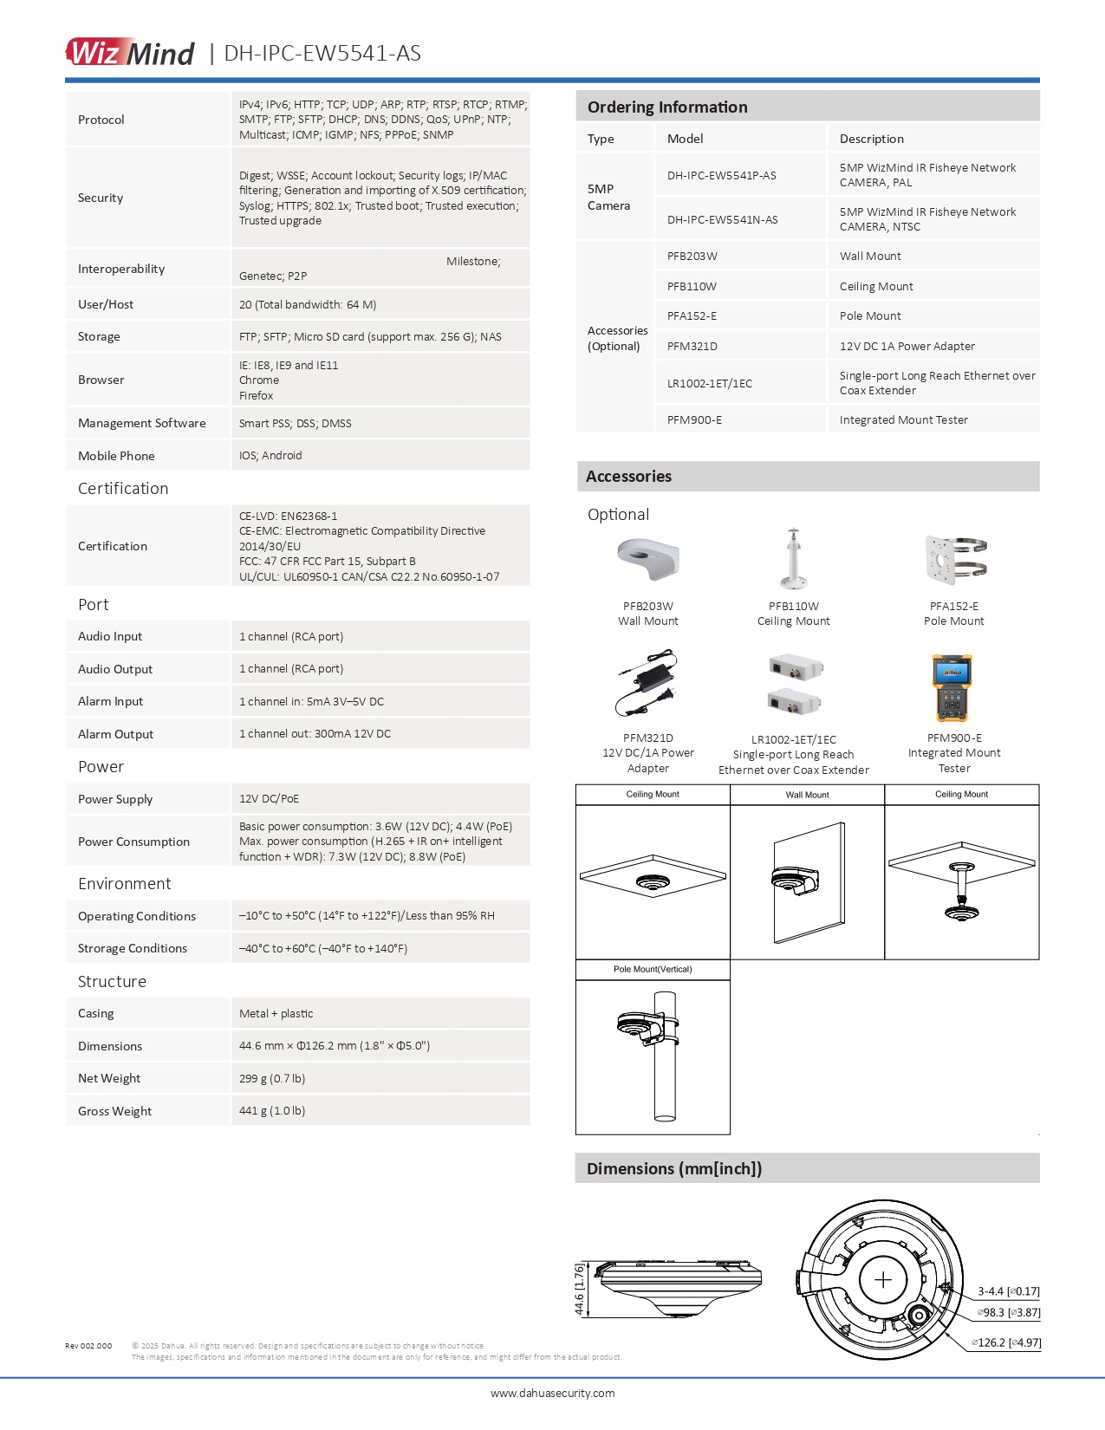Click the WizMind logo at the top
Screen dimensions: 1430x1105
point(130,52)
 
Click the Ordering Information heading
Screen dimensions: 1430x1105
point(667,107)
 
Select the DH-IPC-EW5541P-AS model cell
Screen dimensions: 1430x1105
point(721,175)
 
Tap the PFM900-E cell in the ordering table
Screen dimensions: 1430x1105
point(694,419)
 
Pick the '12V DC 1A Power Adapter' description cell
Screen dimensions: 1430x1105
point(907,346)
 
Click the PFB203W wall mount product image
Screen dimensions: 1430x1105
point(648,560)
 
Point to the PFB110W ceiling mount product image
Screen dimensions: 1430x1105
point(793,559)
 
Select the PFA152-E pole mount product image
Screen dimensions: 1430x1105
point(955,560)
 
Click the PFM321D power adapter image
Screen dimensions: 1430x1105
point(647,685)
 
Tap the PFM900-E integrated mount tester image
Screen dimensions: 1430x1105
point(952,688)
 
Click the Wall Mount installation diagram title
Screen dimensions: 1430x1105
point(807,795)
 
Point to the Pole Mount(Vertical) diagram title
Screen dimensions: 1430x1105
point(653,969)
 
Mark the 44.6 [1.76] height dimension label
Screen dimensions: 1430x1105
point(580,1289)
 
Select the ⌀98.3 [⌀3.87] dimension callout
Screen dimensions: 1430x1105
point(1009,1312)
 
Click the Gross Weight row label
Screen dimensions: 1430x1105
point(114,1111)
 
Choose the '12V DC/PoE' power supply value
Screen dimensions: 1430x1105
point(269,798)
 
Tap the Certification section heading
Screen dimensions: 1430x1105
point(123,488)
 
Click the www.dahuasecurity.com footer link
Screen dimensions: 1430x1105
point(552,1393)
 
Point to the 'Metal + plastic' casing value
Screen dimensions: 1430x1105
point(276,1013)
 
